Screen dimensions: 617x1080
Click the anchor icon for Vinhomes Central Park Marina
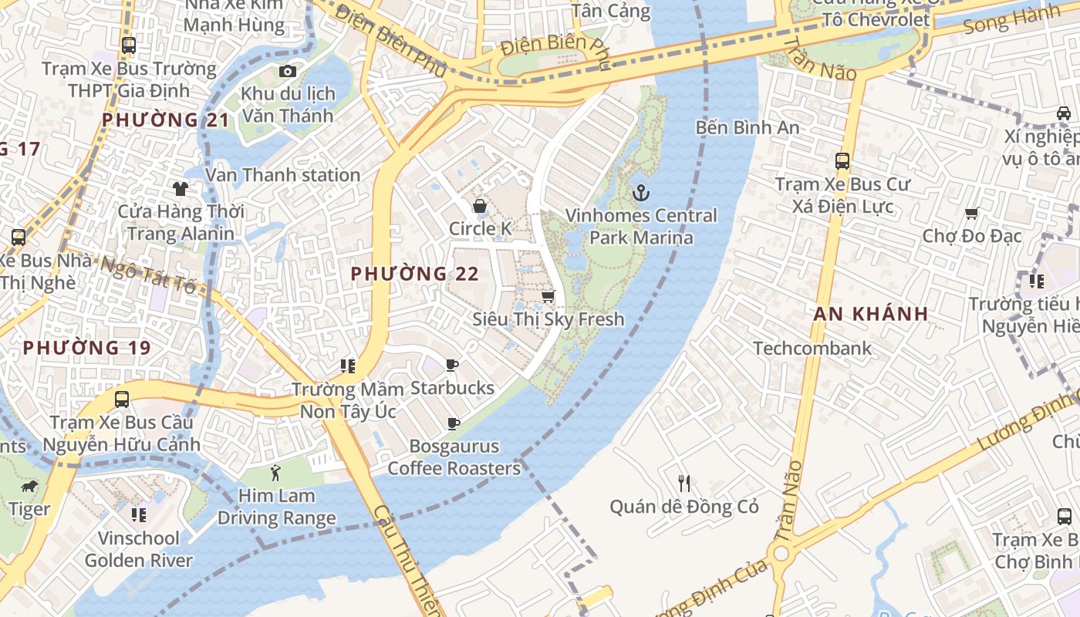pos(640,192)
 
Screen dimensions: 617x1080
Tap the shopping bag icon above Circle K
pos(480,206)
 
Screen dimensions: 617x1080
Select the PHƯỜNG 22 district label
pos(414,274)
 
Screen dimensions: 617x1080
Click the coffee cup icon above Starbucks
pos(452,365)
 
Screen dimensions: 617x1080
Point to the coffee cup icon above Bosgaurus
pos(454,423)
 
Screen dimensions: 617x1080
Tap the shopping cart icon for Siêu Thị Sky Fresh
pos(548,296)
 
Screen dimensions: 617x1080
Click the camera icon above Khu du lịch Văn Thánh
pos(288,72)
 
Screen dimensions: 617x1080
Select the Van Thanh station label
pos(282,175)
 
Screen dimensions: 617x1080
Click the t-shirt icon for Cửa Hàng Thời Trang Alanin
pos(181,188)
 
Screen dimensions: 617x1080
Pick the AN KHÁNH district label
pos(870,314)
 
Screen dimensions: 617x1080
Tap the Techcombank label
pos(812,348)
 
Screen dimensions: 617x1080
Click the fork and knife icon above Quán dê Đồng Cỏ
pos(684,484)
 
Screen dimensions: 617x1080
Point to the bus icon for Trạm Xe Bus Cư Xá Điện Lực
pos(842,161)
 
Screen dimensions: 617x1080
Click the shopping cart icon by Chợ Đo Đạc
pos(971,213)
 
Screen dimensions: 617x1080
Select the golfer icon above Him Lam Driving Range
pos(276,472)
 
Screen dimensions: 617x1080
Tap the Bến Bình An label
pos(747,127)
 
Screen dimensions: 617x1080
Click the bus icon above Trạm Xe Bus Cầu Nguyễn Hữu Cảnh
pos(121,400)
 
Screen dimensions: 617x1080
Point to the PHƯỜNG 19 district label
pos(86,348)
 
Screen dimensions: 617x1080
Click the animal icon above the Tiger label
pos(29,487)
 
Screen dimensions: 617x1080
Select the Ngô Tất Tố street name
pos(148,275)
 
